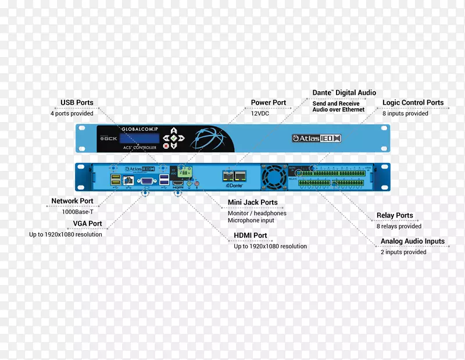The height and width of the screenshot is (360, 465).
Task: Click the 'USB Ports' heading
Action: point(77,103)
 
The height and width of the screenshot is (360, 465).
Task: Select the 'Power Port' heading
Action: point(269,102)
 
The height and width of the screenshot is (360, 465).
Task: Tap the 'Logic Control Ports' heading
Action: point(413,103)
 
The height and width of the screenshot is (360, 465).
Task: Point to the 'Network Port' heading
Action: point(72,201)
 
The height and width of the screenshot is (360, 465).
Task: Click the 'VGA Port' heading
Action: point(87,223)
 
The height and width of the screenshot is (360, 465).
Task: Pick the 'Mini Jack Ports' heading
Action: point(252,202)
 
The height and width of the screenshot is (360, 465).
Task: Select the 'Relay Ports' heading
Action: point(395,215)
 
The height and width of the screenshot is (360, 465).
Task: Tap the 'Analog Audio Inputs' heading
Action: point(413,241)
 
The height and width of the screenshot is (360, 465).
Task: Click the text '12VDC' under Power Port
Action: point(259,113)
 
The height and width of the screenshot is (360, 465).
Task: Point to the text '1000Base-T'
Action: point(77,212)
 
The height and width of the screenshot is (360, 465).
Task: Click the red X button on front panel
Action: point(166,146)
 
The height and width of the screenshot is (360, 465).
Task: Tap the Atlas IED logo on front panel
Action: point(316,138)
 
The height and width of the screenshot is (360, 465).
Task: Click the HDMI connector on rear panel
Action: point(178,183)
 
